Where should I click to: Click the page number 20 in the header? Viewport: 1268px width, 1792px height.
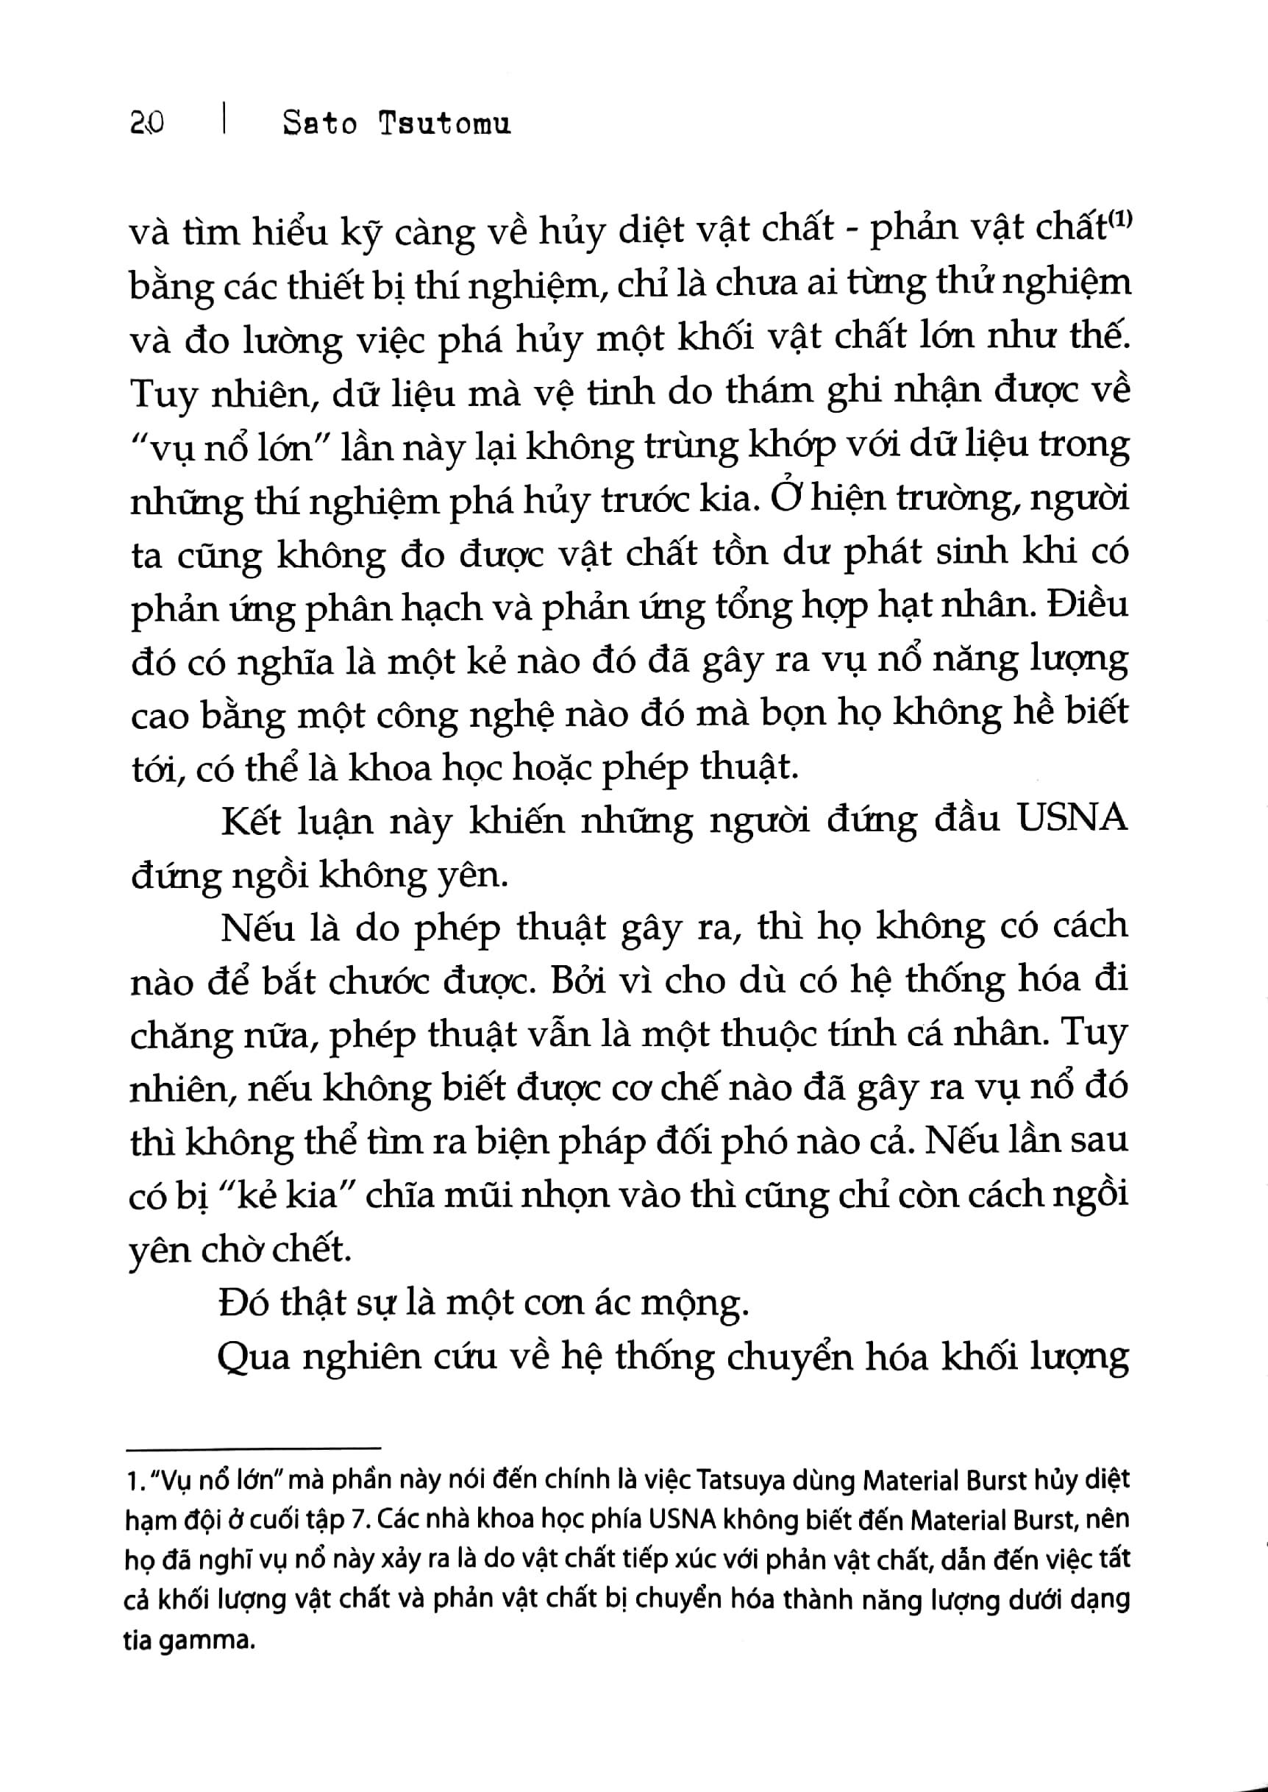[147, 124]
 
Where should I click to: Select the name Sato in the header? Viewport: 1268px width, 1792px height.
[320, 124]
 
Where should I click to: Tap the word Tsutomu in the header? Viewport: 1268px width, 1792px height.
[444, 124]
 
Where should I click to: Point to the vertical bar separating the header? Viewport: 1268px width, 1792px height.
[224, 122]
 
